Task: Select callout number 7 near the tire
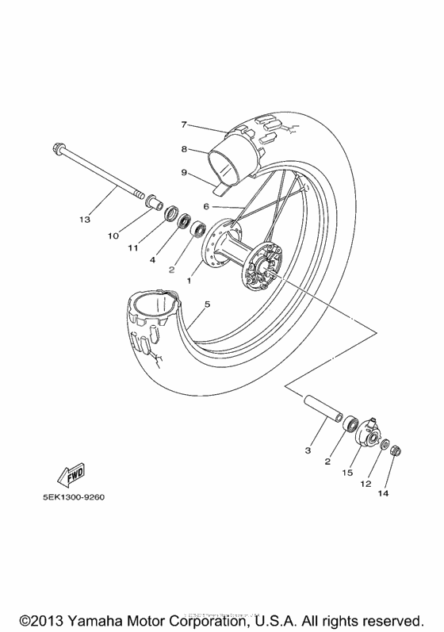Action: pos(183,124)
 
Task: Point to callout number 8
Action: pos(183,148)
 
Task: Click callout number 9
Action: pos(183,171)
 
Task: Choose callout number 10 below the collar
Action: pos(113,236)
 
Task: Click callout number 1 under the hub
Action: pos(189,281)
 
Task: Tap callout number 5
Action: pos(207,304)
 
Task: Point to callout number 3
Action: pos(308,450)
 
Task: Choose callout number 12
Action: pos(366,483)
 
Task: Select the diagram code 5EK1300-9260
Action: pos(68,499)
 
